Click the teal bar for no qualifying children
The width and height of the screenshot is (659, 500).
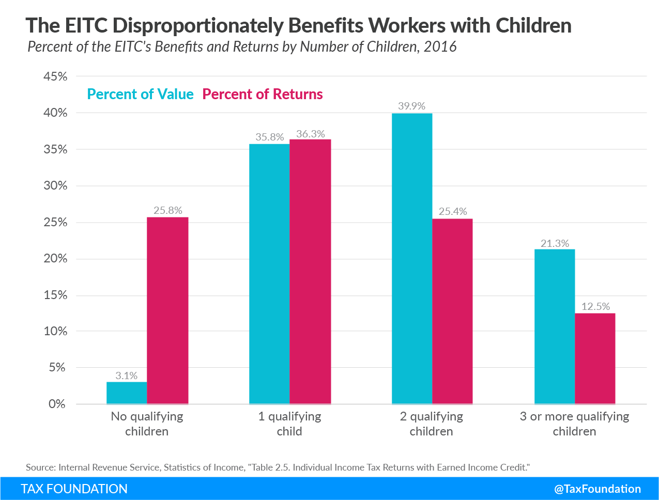(127, 393)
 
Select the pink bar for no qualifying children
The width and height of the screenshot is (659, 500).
(167, 310)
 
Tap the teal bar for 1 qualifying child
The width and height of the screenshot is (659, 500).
(269, 274)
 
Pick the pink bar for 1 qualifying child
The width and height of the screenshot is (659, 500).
(310, 272)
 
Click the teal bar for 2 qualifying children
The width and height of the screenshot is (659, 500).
(412, 258)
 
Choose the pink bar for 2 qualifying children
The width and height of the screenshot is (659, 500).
(452, 311)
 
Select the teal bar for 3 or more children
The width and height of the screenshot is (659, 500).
(555, 326)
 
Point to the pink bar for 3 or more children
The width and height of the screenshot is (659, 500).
(595, 358)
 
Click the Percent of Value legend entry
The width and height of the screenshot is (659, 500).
(140, 95)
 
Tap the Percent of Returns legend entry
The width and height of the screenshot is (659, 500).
(263, 95)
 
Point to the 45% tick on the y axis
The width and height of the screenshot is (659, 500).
(55, 76)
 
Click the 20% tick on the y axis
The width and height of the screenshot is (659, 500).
(55, 259)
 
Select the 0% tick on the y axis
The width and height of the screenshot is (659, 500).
(57, 404)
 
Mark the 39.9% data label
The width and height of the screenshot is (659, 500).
(411, 106)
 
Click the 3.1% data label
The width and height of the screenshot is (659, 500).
(127, 376)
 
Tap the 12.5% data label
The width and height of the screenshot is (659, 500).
(595, 307)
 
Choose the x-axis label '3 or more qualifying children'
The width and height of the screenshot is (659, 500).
(574, 424)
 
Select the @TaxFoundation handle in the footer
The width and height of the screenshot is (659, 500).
(597, 489)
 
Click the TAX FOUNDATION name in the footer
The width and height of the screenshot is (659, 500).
(74, 489)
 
